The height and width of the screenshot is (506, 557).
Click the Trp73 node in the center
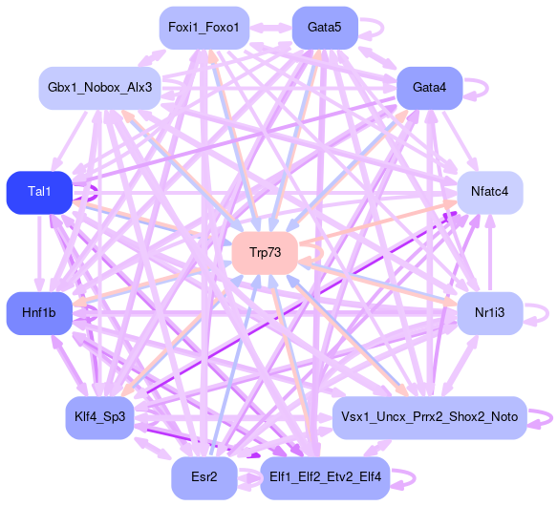click(x=265, y=253)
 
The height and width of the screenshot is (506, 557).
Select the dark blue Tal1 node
click(x=39, y=193)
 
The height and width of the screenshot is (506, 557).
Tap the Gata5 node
click(x=325, y=28)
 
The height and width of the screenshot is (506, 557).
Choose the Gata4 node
click(x=429, y=88)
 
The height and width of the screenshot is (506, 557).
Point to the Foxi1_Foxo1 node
click(x=204, y=28)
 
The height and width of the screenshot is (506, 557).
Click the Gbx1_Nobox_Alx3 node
click(x=99, y=88)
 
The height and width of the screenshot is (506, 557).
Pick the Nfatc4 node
click(x=490, y=193)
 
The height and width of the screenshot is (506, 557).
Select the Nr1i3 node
click(x=490, y=313)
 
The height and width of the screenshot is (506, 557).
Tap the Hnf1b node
click(x=39, y=313)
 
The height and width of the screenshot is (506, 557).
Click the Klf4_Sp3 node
click(x=99, y=417)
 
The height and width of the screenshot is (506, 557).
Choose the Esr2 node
click(x=204, y=478)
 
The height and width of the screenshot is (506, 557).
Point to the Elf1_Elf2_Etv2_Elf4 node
click(x=325, y=478)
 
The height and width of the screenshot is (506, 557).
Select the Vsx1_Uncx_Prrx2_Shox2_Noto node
click(x=429, y=417)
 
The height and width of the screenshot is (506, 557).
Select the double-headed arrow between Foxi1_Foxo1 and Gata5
click(x=270, y=28)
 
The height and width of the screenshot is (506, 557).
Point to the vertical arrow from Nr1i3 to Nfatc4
click(x=490, y=253)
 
